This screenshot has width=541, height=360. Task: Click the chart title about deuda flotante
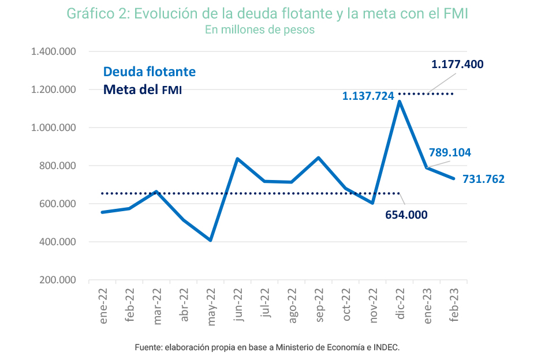pyautogui.click(x=267, y=14)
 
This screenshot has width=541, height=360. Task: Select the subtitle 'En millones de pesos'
pyautogui.click(x=260, y=29)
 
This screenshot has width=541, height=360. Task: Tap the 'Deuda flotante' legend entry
pyautogui.click(x=150, y=72)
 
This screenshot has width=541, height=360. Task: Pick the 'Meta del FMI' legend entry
pyautogui.click(x=143, y=89)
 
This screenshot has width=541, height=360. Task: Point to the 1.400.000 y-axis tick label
pyautogui.click(x=54, y=51)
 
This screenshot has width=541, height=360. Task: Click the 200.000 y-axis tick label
pyautogui.click(x=58, y=280)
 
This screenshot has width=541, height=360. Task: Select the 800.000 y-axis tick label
pyautogui.click(x=58, y=166)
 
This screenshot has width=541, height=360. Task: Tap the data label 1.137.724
pyautogui.click(x=368, y=96)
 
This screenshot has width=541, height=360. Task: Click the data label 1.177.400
pyautogui.click(x=457, y=64)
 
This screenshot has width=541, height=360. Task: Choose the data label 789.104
pyautogui.click(x=450, y=152)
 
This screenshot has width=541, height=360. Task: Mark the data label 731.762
pyautogui.click(x=483, y=179)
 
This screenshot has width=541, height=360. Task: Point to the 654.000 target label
pyautogui.click(x=406, y=215)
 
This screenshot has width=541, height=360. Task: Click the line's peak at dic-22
pyautogui.click(x=400, y=102)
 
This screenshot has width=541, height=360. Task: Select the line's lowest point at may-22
pyautogui.click(x=211, y=240)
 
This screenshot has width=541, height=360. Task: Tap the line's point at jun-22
pyautogui.click(x=237, y=159)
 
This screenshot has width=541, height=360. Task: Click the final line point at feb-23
pyautogui.click(x=454, y=179)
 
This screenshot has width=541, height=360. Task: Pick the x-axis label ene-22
pyautogui.click(x=103, y=306)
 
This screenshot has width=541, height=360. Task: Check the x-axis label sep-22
pyautogui.click(x=319, y=306)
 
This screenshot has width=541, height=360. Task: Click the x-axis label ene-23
pyautogui.click(x=427, y=306)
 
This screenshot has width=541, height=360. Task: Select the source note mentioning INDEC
pyautogui.click(x=267, y=347)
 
